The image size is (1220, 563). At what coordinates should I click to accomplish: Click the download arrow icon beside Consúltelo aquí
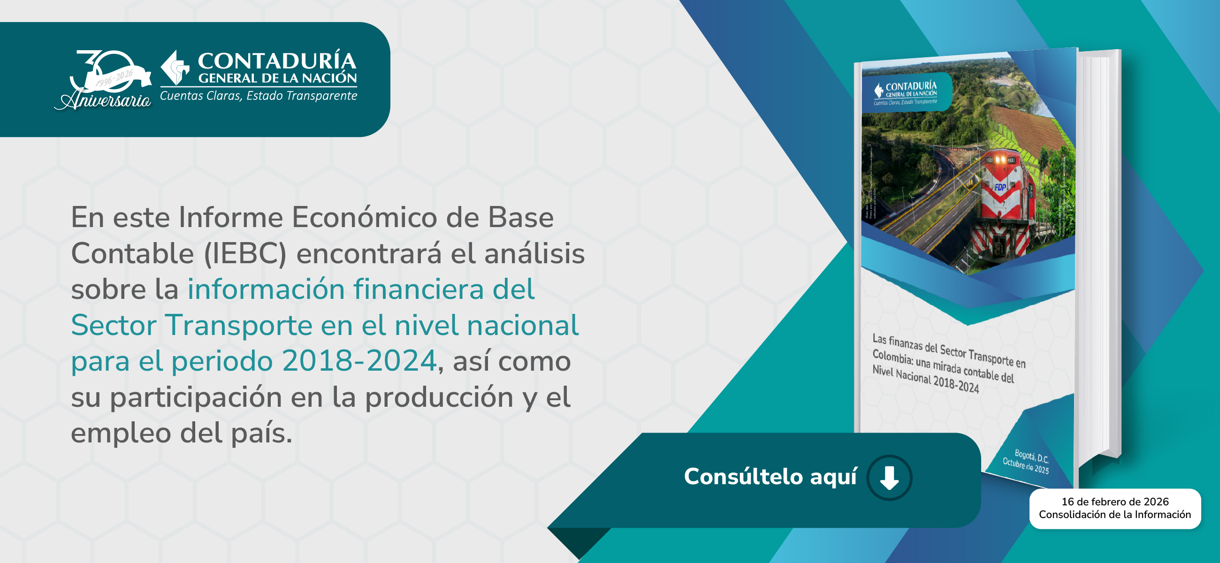click(889, 477)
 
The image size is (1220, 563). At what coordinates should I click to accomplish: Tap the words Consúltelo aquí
click(770, 476)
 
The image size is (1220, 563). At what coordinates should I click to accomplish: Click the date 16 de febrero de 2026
click(1115, 502)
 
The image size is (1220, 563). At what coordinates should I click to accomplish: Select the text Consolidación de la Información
click(1115, 515)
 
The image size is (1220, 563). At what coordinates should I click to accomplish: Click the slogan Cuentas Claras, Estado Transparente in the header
click(259, 96)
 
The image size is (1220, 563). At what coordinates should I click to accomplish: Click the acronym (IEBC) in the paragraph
click(245, 253)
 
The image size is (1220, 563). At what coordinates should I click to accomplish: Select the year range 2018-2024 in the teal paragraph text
click(359, 361)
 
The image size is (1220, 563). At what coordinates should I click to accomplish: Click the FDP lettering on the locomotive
click(1000, 188)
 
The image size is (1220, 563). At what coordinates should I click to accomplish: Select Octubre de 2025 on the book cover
click(1025, 466)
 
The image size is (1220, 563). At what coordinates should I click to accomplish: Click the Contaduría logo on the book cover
click(905, 91)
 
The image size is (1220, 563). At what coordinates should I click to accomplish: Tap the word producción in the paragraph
click(439, 397)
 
